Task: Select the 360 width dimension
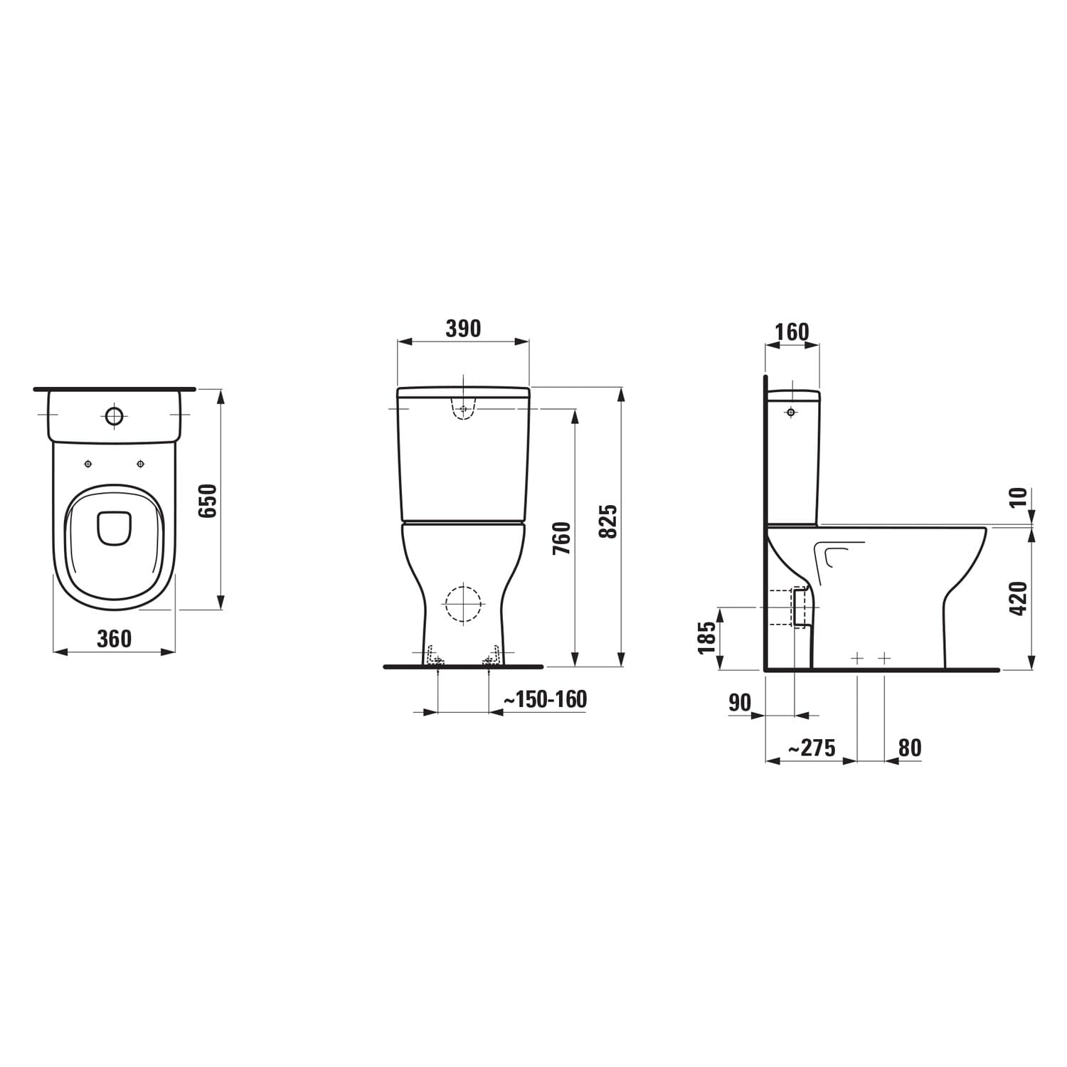(x=115, y=639)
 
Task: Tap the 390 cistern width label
(x=463, y=329)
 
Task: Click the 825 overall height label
(x=608, y=521)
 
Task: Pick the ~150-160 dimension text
(x=545, y=699)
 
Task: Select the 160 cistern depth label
(x=792, y=332)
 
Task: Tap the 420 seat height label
(x=1019, y=598)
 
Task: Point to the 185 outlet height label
(x=706, y=637)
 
